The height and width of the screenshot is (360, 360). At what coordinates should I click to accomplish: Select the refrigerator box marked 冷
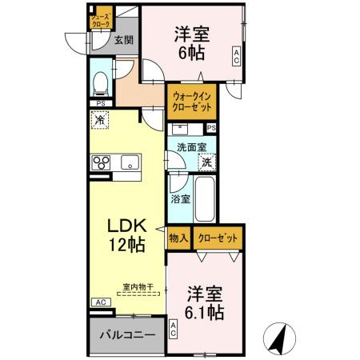pos(100,120)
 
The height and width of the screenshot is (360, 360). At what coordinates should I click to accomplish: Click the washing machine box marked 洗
pos(206,162)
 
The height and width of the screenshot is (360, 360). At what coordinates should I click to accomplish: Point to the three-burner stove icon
pos(102,163)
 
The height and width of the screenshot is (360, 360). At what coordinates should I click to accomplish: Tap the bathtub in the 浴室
pos(202,201)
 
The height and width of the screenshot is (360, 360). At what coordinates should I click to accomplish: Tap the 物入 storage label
pos(178,238)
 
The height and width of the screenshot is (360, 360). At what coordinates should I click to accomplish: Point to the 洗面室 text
pos(192,147)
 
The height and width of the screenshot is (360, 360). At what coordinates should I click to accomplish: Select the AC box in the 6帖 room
pos(236,55)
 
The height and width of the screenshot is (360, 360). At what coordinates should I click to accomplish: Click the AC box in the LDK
pos(101,302)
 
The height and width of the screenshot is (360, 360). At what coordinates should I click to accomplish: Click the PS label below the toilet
pos(101,103)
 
